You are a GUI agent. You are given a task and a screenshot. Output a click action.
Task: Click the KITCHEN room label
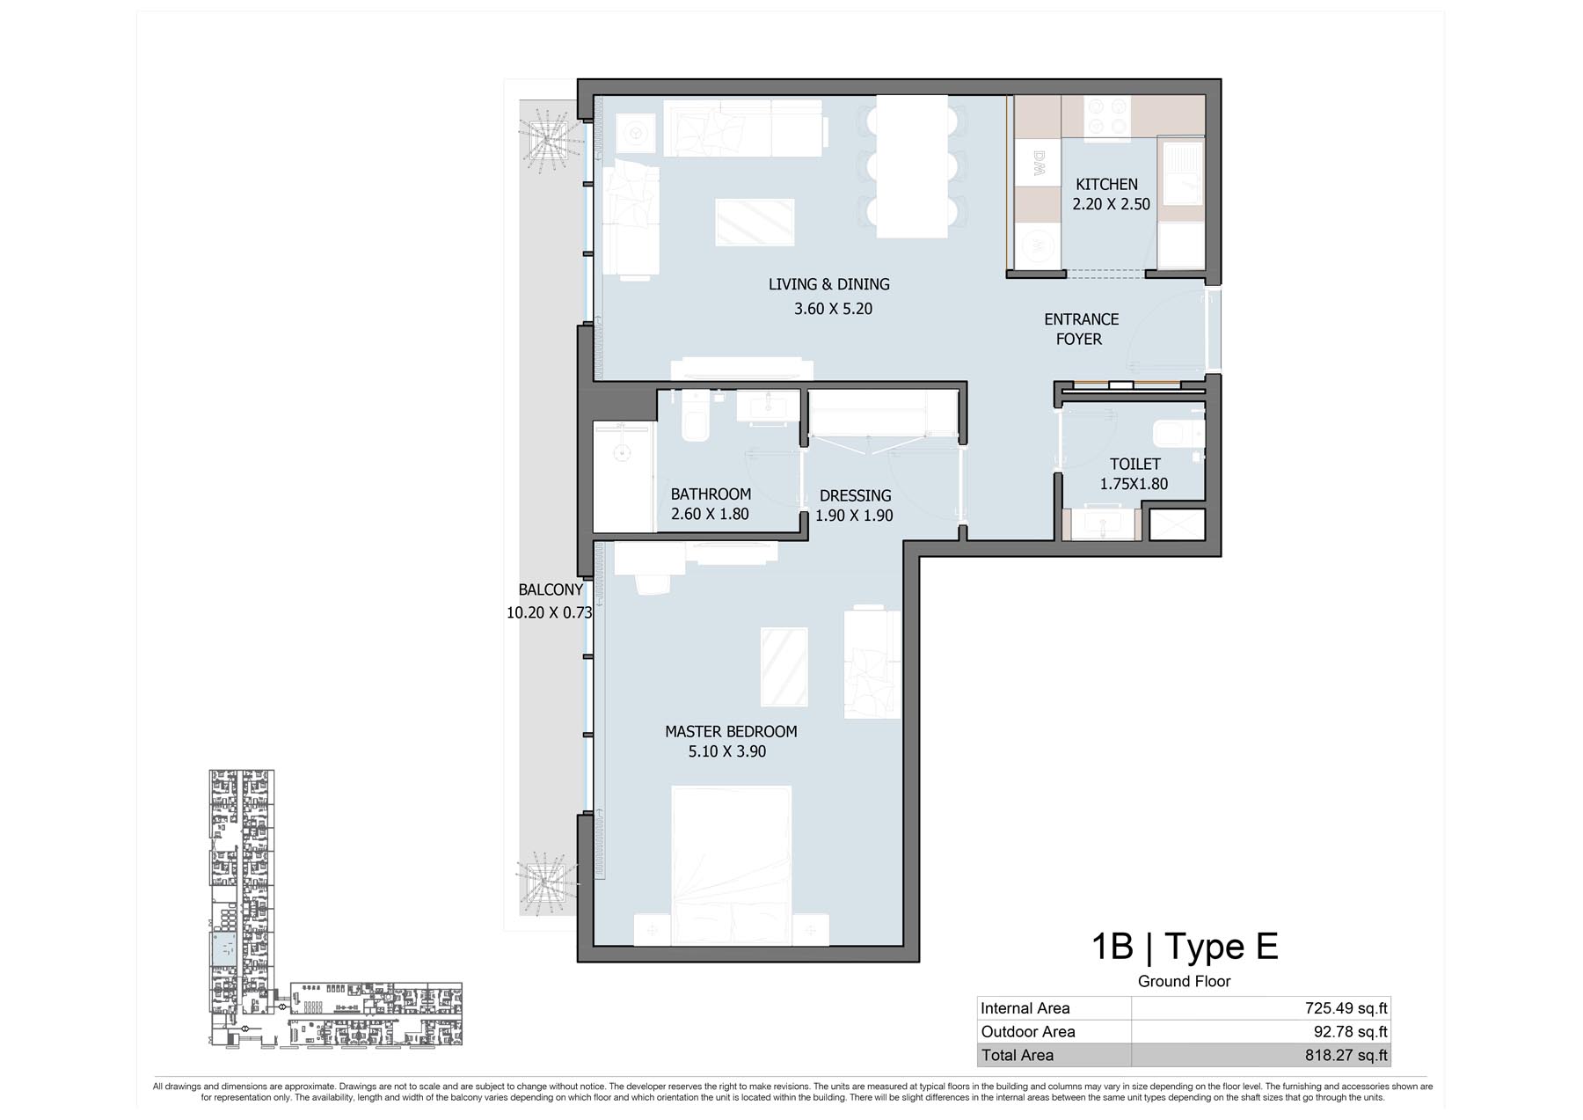[1106, 185]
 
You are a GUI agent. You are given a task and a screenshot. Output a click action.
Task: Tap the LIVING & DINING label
[829, 284]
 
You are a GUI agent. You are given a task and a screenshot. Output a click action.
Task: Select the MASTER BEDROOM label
[731, 731]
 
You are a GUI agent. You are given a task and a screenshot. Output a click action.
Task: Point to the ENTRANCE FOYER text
[1081, 329]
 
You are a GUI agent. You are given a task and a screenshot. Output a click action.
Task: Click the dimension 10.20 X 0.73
[550, 612]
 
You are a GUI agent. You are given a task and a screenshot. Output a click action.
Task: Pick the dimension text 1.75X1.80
[1134, 484]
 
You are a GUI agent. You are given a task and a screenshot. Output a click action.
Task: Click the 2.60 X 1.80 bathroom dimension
[710, 514]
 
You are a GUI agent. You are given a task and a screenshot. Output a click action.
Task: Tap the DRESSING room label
[855, 495]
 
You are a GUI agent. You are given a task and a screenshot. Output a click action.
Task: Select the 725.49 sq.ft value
[1346, 1008]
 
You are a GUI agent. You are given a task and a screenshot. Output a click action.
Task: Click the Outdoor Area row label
[1028, 1031]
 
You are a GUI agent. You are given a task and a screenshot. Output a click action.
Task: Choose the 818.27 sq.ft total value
[1346, 1055]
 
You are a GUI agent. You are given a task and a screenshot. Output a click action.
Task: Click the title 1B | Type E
[1184, 947]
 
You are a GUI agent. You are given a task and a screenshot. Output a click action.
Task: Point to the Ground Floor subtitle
[1184, 981]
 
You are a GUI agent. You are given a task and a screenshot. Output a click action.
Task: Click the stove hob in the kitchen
[1107, 117]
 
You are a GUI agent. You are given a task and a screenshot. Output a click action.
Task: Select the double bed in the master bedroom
[732, 866]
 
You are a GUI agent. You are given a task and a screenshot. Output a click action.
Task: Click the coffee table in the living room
[755, 222]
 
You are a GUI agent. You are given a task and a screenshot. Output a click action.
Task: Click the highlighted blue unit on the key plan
[223, 949]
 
